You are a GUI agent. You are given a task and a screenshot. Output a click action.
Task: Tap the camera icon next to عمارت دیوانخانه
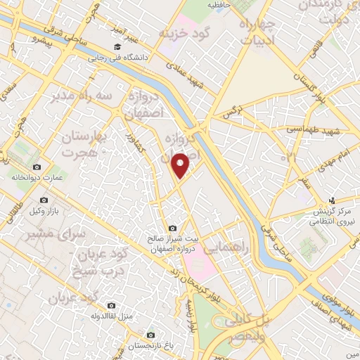point(37,167)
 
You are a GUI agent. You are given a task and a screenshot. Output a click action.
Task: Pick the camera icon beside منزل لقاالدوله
point(111,305)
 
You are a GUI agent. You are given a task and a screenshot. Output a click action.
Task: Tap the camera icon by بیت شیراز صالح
point(173,226)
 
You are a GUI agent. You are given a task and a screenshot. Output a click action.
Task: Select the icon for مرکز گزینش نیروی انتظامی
point(337,199)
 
